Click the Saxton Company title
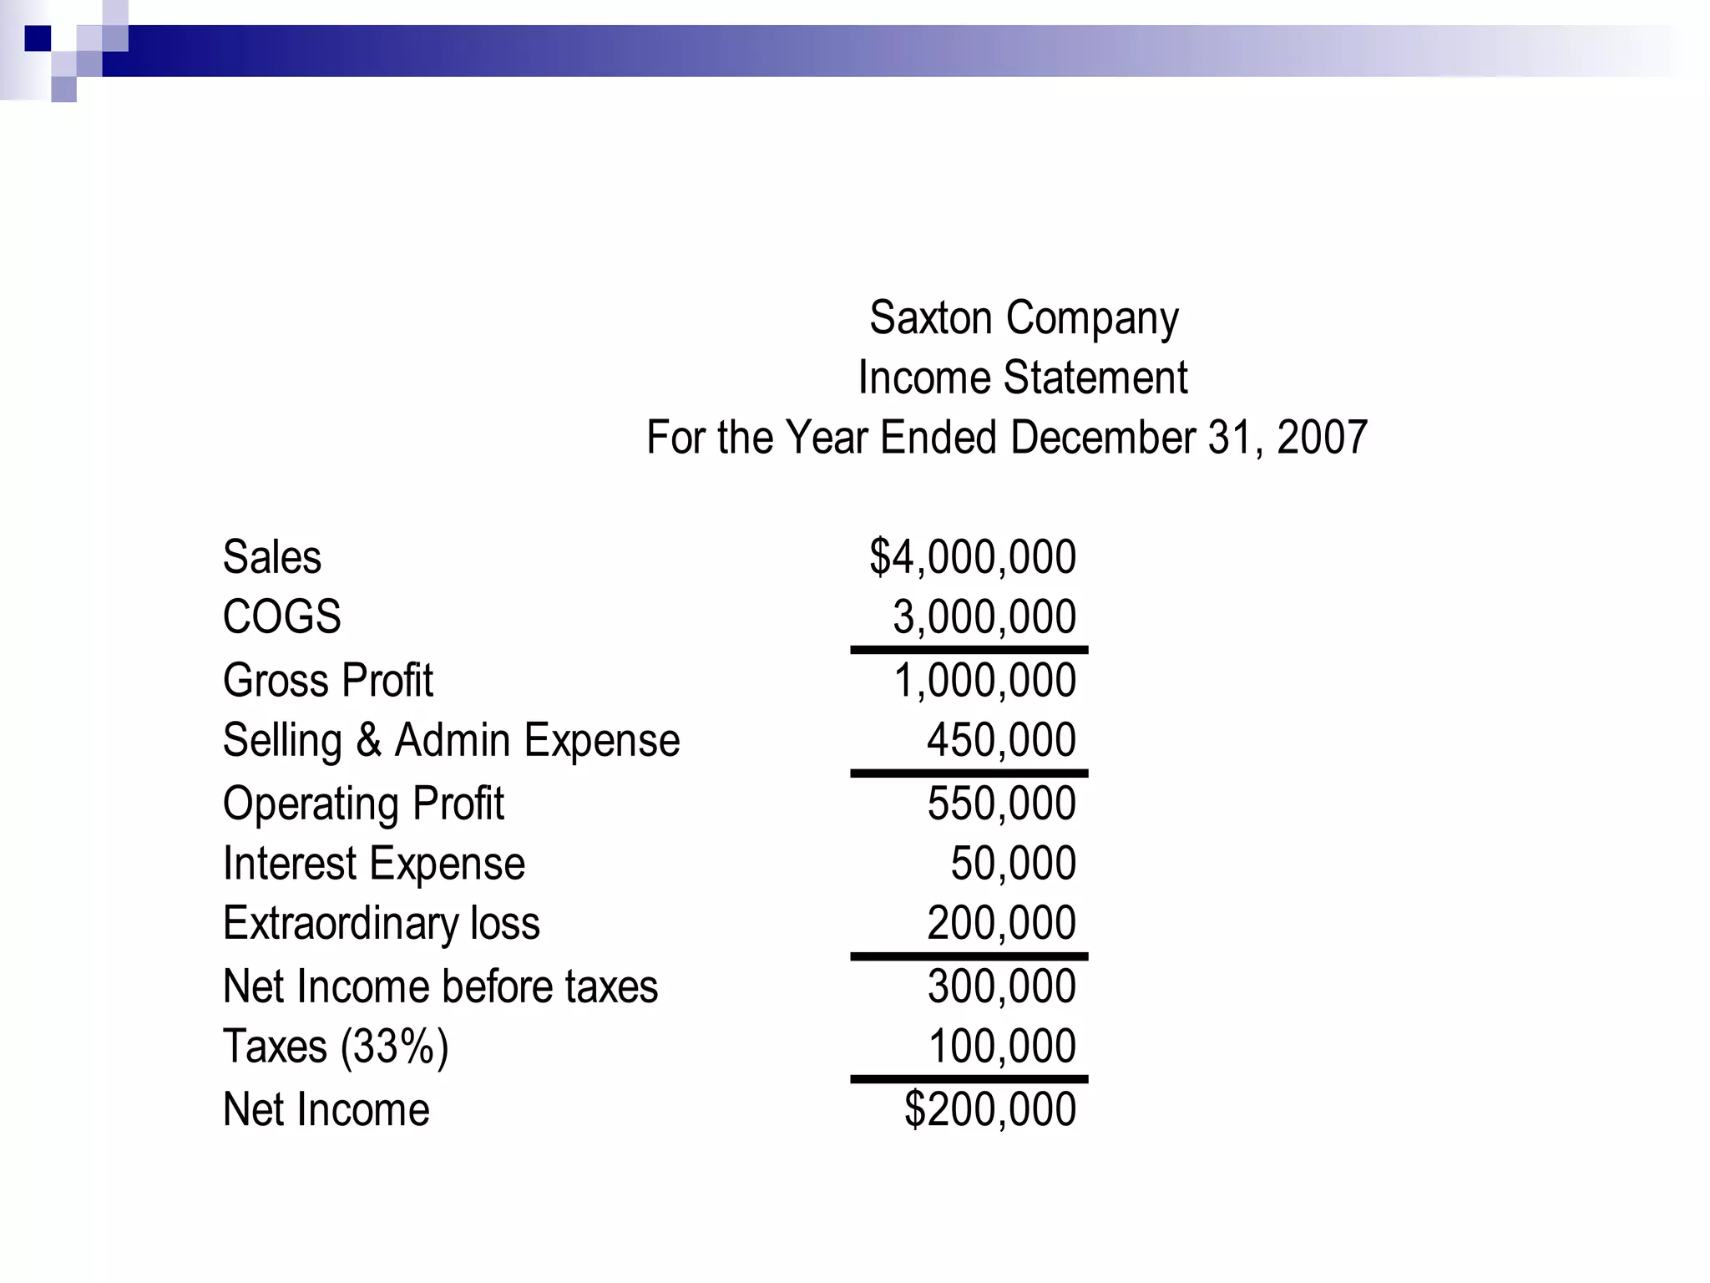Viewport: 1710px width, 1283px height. point(1024,318)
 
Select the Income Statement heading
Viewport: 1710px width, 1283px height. point(1023,378)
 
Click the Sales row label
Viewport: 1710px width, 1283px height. point(272,557)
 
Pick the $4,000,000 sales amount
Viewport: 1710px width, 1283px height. point(973,557)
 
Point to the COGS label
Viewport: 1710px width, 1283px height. point(281,617)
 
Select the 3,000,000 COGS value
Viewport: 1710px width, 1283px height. point(984,617)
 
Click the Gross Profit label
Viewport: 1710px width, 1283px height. point(328,680)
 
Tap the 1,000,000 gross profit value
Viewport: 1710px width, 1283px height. point(984,680)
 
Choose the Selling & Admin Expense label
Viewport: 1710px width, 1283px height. point(451,741)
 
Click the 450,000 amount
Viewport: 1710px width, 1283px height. point(1001,741)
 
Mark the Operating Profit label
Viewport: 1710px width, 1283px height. point(363,804)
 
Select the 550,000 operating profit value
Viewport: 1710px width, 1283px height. point(1001,804)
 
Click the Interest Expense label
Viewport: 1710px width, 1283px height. point(374,864)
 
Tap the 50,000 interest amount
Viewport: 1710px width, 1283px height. point(1013,864)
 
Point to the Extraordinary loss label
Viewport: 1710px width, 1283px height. point(382,924)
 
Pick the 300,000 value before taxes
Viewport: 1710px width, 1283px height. point(1001,986)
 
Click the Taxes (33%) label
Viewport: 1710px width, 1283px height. point(336,1047)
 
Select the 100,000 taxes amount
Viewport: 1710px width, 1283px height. point(1001,1047)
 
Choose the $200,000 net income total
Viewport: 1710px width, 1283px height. point(990,1110)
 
